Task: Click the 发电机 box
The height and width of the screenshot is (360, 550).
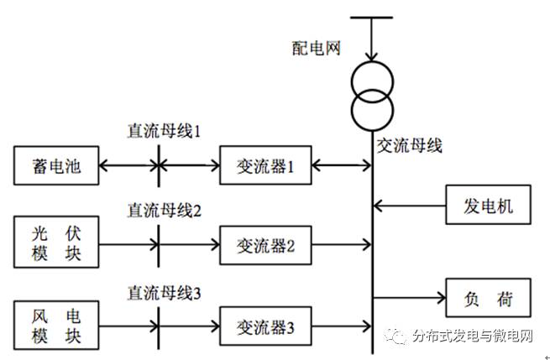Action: pyautogui.click(x=488, y=204)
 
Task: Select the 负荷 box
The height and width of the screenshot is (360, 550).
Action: pyautogui.click(x=488, y=298)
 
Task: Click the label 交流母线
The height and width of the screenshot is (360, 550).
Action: pyautogui.click(x=409, y=145)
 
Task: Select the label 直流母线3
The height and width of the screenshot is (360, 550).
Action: pyautogui.click(x=165, y=292)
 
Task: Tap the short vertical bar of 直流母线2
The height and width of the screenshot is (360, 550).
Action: pyautogui.click(x=157, y=244)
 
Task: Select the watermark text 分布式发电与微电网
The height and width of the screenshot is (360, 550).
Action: pyautogui.click(x=473, y=337)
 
